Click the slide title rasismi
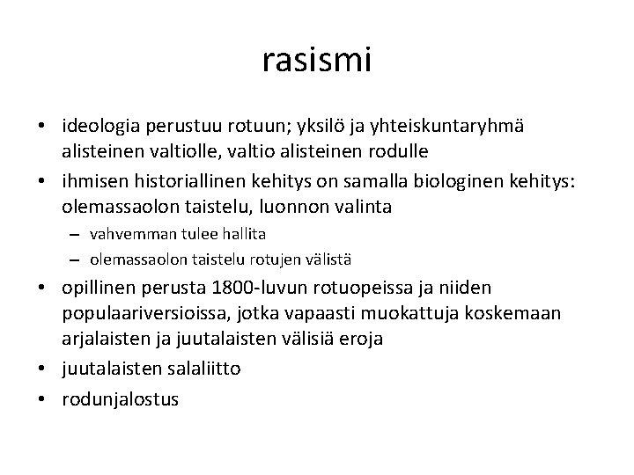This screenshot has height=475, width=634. click(317, 60)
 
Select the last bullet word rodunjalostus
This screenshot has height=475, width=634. click(120, 398)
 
